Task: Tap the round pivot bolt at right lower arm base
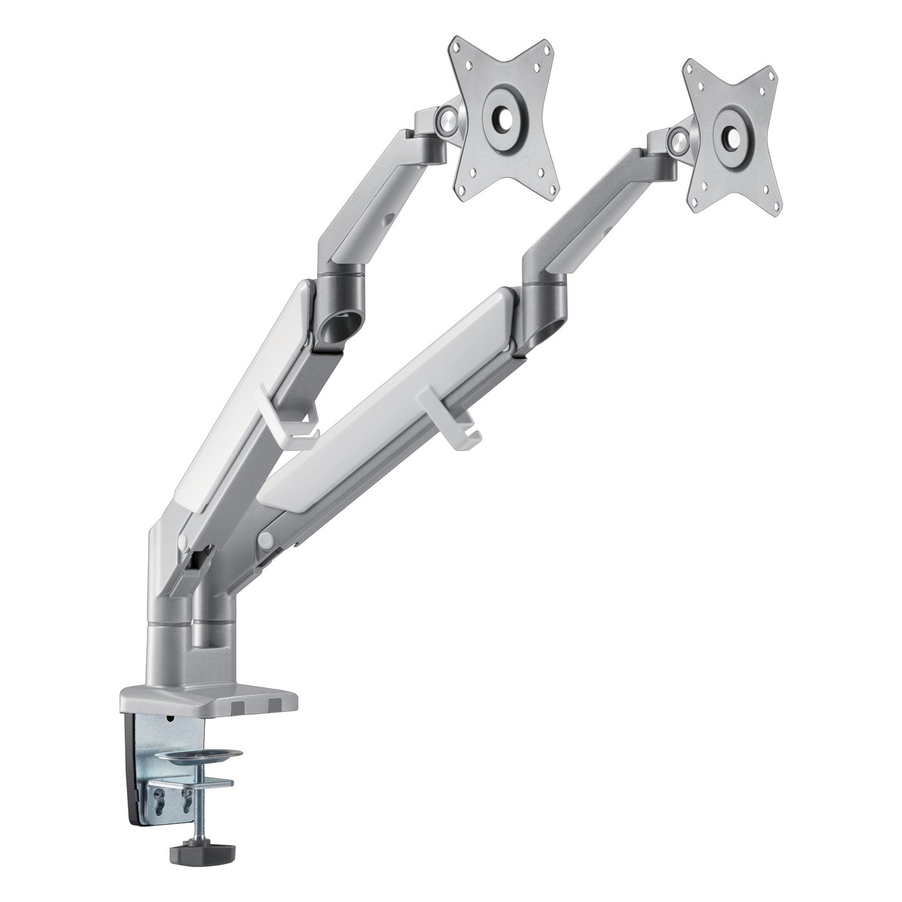[264, 539]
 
